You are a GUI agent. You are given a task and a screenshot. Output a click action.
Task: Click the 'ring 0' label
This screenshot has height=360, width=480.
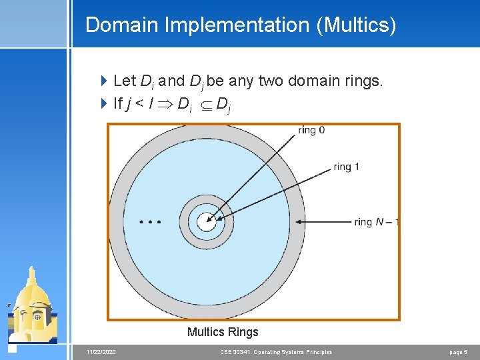click(311, 131)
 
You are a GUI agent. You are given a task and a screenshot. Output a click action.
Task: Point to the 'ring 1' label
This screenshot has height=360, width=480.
click(346, 167)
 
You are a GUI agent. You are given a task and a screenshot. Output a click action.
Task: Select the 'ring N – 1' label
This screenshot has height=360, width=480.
click(377, 222)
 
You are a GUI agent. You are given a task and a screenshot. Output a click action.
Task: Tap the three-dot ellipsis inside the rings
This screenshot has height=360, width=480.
click(150, 221)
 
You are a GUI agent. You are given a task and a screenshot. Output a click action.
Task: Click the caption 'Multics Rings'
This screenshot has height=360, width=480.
click(223, 332)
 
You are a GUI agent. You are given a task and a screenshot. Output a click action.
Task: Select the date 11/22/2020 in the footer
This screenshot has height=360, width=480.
click(101, 352)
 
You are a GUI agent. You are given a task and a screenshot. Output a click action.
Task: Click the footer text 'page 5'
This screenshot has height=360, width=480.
click(459, 352)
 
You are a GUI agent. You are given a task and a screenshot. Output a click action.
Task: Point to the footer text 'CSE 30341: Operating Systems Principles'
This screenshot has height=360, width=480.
click(276, 352)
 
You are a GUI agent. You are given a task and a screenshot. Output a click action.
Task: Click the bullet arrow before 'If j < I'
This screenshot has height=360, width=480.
click(103, 103)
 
